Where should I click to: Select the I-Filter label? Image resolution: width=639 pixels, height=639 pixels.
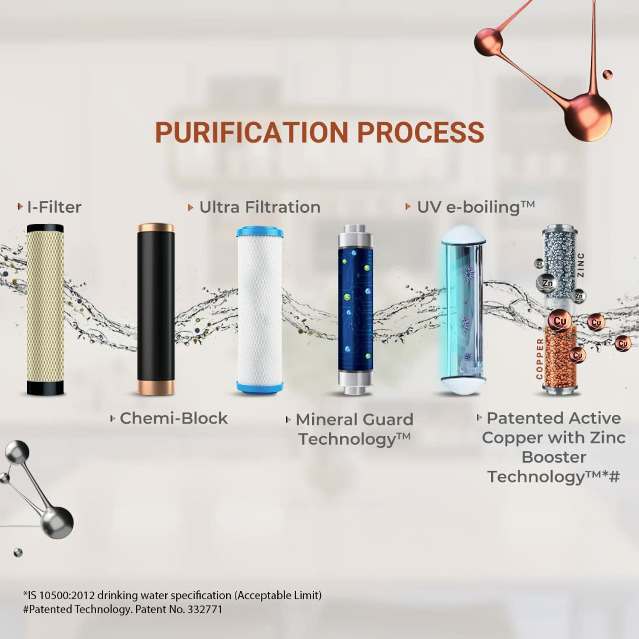(x=54, y=207)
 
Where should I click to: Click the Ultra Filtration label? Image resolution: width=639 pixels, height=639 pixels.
(x=259, y=207)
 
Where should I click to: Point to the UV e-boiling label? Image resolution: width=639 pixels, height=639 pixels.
(x=475, y=207)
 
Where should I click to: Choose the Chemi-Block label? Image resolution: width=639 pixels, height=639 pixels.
(x=173, y=418)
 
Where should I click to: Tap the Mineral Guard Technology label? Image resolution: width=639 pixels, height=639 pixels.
(x=354, y=429)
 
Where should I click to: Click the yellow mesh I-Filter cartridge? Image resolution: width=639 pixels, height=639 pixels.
(x=45, y=309)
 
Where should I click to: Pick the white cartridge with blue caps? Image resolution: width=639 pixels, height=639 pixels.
(x=260, y=309)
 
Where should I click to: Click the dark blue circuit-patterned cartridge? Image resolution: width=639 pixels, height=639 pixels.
(x=355, y=309)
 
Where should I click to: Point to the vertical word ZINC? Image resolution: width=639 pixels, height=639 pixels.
(x=581, y=265)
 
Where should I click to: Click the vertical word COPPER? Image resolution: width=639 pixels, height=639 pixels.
(x=540, y=359)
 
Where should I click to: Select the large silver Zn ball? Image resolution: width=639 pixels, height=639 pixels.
(x=547, y=282)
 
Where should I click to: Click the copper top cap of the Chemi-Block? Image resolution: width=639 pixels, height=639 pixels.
(x=156, y=227)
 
